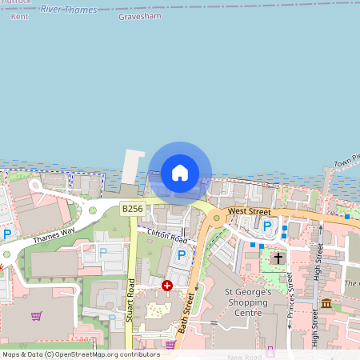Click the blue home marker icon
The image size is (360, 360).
click(x=180, y=172)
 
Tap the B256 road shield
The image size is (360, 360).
click(x=132, y=209)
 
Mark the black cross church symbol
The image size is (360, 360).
click(x=278, y=258)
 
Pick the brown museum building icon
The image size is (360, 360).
click(x=326, y=305)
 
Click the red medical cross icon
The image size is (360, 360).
click(x=167, y=285)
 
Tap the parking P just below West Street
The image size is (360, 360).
click(x=267, y=227)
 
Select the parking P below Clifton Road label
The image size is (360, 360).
click(x=182, y=255)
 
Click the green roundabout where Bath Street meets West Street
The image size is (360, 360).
click(x=216, y=217)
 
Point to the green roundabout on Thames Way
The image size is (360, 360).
click(x=93, y=211)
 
